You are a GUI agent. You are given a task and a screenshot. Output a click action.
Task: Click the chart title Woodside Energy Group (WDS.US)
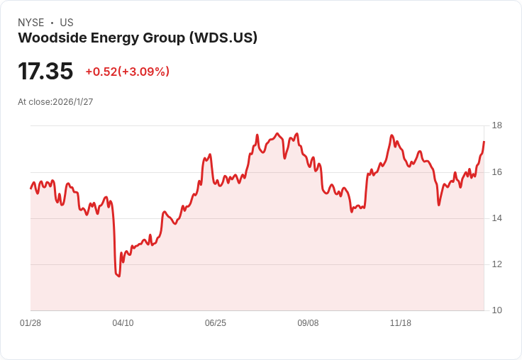(x=138, y=38)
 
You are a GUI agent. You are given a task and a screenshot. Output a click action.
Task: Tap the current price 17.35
(x=45, y=71)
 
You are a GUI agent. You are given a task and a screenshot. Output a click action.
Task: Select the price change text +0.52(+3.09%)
(x=128, y=72)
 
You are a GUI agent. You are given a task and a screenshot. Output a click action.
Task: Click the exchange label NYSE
(x=31, y=23)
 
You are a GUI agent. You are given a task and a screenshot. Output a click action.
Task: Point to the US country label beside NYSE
(x=67, y=23)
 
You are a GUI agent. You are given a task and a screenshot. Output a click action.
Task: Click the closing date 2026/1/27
(x=73, y=102)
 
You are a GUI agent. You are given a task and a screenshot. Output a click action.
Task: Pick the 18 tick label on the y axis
(x=497, y=125)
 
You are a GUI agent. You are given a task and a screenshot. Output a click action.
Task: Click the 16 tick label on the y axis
(x=497, y=172)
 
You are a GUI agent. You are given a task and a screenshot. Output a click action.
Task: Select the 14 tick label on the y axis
(x=497, y=218)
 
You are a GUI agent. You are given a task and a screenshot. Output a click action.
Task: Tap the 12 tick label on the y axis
(x=497, y=264)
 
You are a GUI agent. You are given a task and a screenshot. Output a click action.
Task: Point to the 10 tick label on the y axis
(x=497, y=310)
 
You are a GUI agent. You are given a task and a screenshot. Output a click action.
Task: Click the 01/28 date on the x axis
(x=30, y=323)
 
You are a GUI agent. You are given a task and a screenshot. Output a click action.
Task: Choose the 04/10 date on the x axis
(x=123, y=323)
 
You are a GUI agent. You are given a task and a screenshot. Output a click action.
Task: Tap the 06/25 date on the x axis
(x=216, y=323)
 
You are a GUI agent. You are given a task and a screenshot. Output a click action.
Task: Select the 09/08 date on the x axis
(x=308, y=323)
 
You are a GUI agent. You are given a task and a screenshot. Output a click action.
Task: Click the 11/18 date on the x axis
(x=401, y=323)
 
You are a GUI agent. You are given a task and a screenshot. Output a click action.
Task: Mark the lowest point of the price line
(x=119, y=276)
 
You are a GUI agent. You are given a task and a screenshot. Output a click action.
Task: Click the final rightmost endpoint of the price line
(x=484, y=142)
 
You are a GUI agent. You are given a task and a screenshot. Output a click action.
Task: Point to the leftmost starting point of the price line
(x=30, y=189)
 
